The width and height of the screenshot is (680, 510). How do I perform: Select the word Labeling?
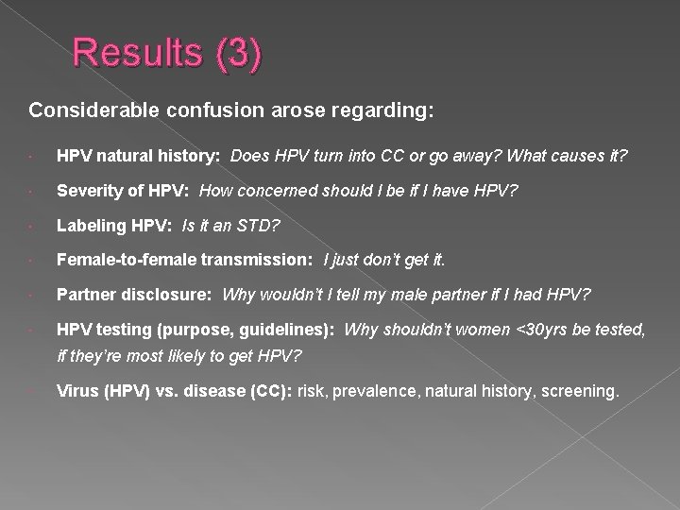(90, 226)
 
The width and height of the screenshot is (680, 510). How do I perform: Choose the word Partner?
(85, 295)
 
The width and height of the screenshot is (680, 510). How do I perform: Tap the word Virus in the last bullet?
(76, 390)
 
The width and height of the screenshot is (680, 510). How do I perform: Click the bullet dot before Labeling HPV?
(33, 227)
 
